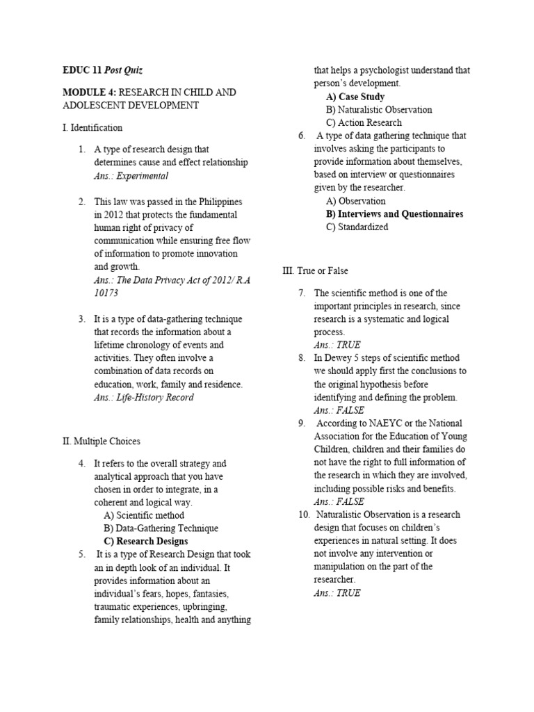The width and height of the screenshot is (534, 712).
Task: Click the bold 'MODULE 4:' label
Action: [87, 92]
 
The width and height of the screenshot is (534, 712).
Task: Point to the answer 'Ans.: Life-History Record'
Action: [143, 397]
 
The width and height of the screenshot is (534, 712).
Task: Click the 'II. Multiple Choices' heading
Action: [101, 441]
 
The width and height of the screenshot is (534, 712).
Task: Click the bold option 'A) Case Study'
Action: [355, 97]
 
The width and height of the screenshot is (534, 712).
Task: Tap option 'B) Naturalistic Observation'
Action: [378, 110]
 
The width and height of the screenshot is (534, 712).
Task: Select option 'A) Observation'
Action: [355, 201]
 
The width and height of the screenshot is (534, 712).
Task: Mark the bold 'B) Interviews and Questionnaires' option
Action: [394, 214]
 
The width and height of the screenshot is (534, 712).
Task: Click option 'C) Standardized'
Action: [357, 227]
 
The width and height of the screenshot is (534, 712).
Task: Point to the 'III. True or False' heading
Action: [315, 270]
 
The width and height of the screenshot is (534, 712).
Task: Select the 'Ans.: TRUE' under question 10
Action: [337, 593]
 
